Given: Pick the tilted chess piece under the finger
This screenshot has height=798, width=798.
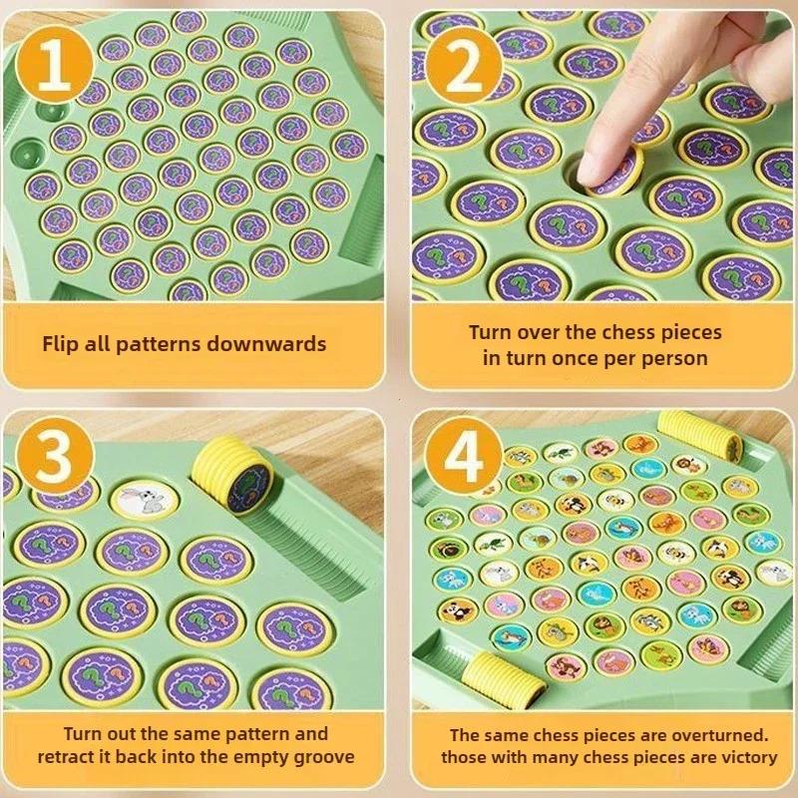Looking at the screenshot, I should pyautogui.click(x=611, y=171).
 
